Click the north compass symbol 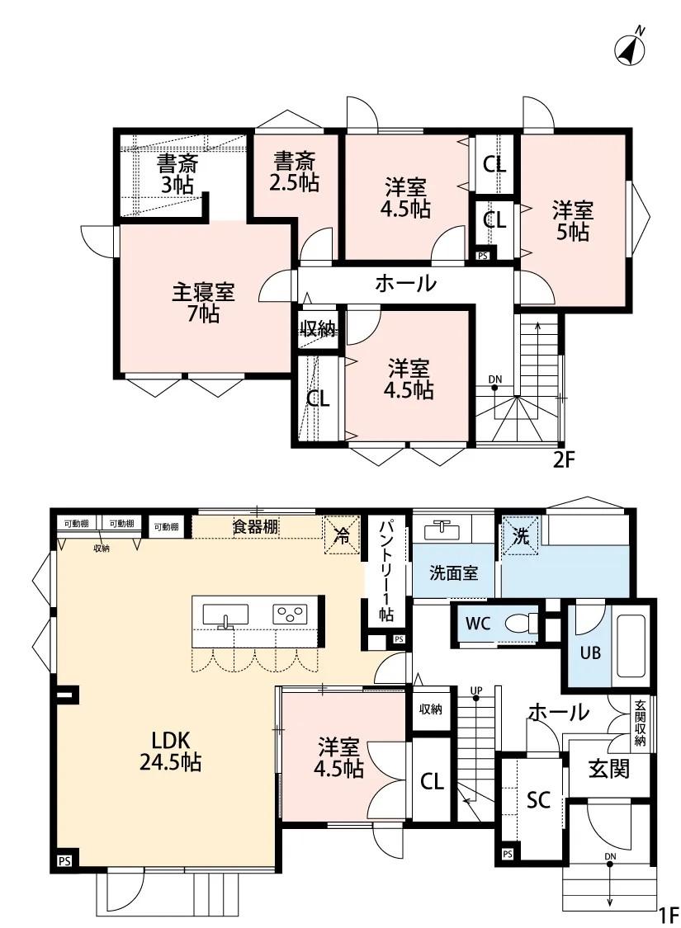631,49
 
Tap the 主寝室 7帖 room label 203,302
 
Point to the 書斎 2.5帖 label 295,171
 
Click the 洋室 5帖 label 572,221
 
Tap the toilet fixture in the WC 518,624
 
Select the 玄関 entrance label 609,769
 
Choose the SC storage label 538,799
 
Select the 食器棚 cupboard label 256,527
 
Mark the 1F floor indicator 667,914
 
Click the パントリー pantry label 385,570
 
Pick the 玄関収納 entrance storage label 640,724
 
